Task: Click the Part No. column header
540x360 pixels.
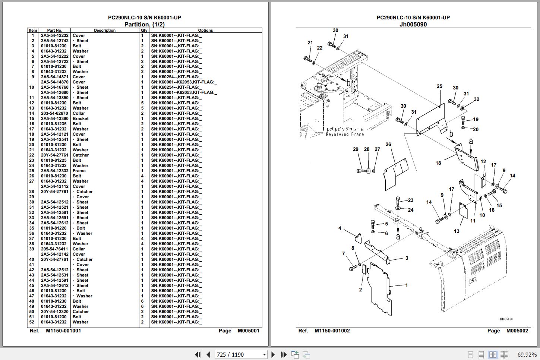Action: click(54, 30)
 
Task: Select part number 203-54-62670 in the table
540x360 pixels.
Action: click(54, 113)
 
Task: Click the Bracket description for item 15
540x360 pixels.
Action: click(80, 119)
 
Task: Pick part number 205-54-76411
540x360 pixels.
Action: click(54, 249)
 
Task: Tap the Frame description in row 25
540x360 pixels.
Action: click(79, 171)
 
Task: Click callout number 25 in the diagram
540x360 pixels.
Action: click(439, 86)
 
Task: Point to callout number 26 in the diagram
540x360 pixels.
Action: click(388, 145)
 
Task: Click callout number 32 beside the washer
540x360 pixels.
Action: click(476, 99)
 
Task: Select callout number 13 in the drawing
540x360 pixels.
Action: click(457, 231)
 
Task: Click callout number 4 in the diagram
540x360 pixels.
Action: click(340, 228)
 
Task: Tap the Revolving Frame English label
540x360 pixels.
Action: click(345, 135)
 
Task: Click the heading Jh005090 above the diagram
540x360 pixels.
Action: click(413, 25)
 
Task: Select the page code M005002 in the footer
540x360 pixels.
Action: click(517, 331)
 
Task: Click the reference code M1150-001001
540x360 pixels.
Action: click(63, 331)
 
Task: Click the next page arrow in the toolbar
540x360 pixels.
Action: click(273, 354)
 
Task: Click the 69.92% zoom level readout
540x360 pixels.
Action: click(527, 354)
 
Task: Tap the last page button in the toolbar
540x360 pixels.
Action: click(284, 354)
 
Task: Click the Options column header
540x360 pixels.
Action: click(205, 30)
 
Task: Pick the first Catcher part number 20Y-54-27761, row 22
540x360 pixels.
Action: click(54, 155)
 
